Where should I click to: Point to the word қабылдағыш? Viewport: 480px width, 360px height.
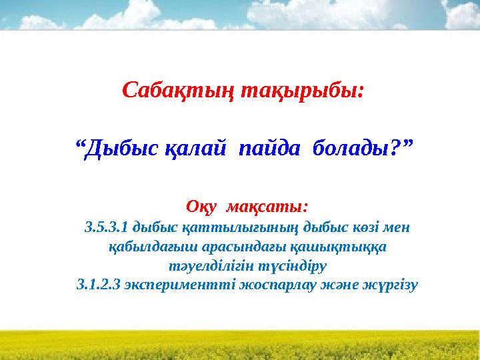(142, 247)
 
